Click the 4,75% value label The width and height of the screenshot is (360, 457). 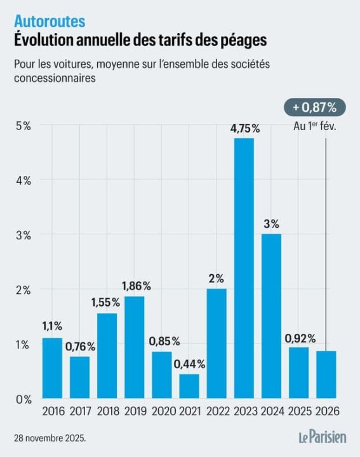coord(244,128)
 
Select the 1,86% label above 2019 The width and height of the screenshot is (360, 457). coord(134,286)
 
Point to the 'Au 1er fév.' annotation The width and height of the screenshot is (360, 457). coord(315,126)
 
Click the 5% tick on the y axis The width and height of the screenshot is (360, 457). coord(23,125)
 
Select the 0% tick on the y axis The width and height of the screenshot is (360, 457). coord(23,399)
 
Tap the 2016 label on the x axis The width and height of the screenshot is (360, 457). coord(52,412)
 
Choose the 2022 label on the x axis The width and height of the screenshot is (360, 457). coord(217,412)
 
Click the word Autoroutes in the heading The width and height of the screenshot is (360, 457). coord(50,22)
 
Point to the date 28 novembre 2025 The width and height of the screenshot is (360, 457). coord(50,438)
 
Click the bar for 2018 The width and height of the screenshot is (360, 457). coord(107,356)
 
